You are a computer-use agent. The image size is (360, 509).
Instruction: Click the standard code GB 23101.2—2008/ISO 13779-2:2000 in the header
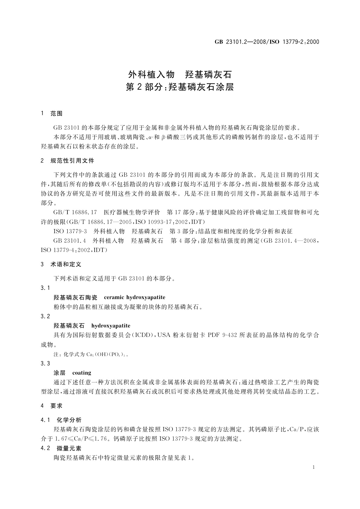(267, 42)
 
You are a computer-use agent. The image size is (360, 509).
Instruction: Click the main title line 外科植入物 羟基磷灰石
(180, 74)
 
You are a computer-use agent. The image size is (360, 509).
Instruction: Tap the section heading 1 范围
(52, 114)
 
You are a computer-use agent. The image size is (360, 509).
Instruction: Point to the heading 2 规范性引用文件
(67, 161)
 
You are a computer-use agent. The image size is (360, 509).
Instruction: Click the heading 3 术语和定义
(61, 264)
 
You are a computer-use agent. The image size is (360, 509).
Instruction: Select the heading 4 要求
(52, 406)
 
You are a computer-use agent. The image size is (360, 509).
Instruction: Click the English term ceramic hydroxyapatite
(135, 297)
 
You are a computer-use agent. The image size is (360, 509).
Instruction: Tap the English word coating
(82, 373)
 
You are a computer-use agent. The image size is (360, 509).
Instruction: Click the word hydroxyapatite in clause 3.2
(111, 326)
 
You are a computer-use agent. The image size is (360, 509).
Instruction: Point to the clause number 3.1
(45, 288)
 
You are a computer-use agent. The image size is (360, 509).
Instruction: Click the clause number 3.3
(45, 363)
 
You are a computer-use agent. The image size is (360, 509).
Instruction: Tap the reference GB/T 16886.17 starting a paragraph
(75, 212)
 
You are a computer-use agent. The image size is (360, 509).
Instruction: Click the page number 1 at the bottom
(313, 467)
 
